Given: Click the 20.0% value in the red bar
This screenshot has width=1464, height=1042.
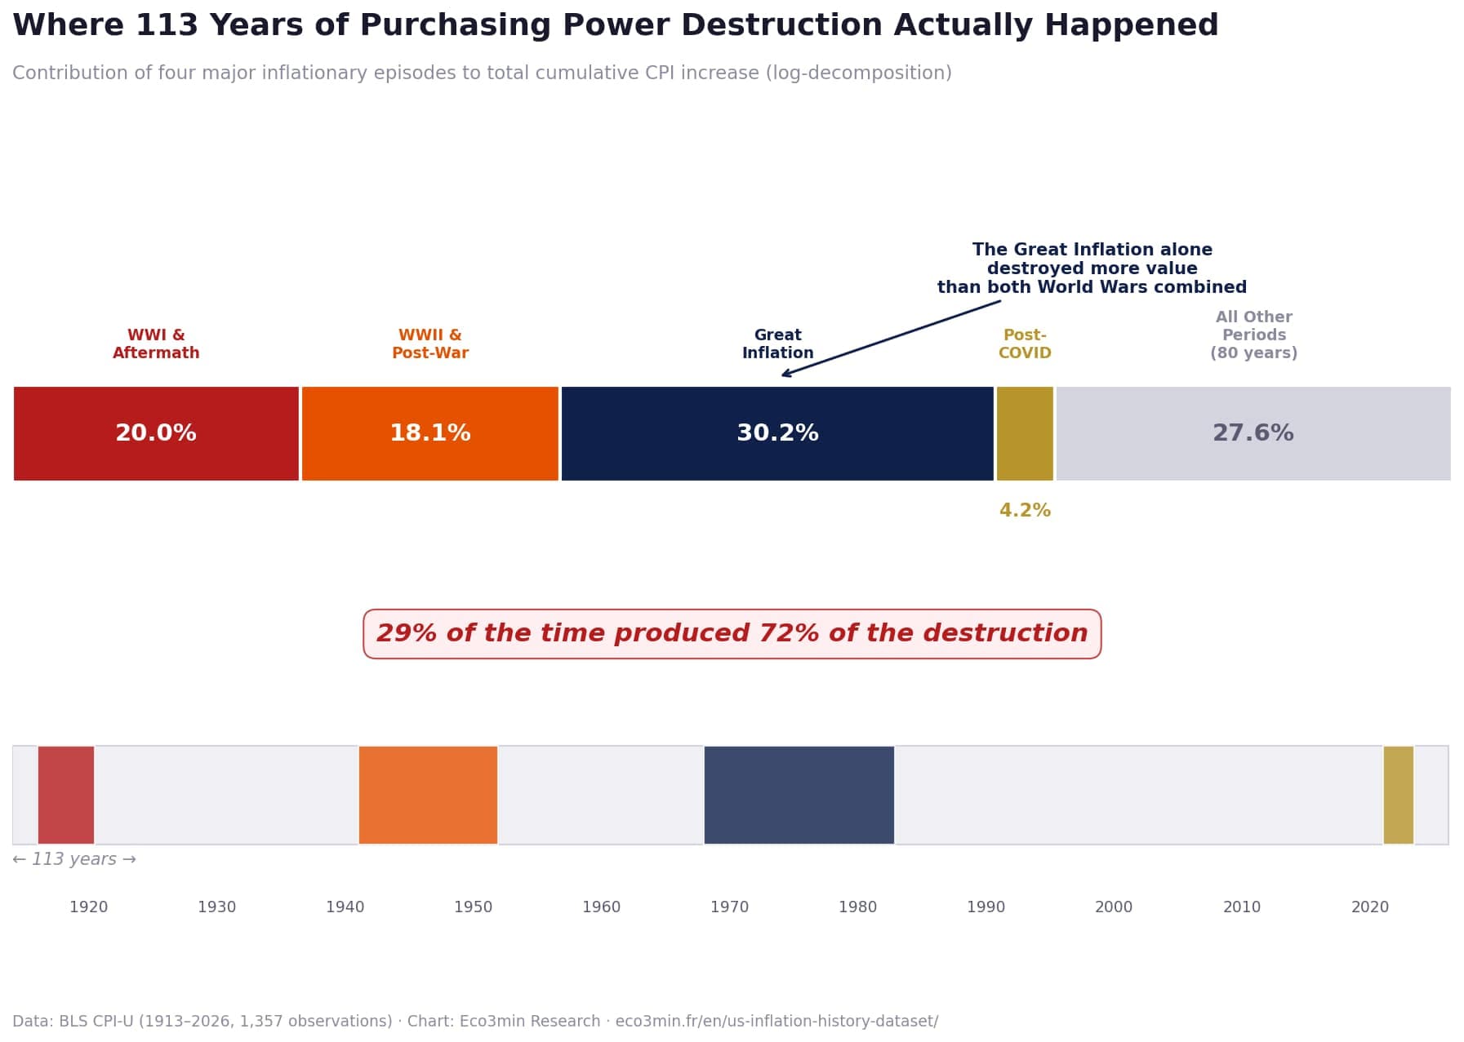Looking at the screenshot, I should [155, 433].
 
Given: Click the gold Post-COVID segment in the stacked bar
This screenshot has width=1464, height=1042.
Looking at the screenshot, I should [1024, 433].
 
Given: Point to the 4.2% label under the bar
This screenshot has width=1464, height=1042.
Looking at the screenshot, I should [1024, 511].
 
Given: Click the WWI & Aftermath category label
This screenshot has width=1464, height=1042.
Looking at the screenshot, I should [156, 344].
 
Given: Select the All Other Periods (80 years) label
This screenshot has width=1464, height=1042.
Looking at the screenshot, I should [1253, 335].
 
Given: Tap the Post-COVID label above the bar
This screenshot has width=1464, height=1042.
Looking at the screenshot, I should [1024, 344].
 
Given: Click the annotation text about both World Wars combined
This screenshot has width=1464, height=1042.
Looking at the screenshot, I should [1091, 268].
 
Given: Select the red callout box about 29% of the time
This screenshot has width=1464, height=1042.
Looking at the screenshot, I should [732, 634].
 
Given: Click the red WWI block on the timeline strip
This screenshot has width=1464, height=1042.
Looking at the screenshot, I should [66, 795].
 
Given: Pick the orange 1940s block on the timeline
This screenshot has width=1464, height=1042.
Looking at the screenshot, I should [428, 795].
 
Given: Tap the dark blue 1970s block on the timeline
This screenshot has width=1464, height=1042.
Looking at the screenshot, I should [799, 795].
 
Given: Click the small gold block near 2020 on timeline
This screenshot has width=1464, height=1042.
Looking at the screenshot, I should [1398, 795].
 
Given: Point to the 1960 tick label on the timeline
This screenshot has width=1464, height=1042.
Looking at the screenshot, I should [601, 907].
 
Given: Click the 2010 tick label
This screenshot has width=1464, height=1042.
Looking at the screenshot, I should [1241, 907].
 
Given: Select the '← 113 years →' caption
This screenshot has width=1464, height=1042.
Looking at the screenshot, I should [74, 859].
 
